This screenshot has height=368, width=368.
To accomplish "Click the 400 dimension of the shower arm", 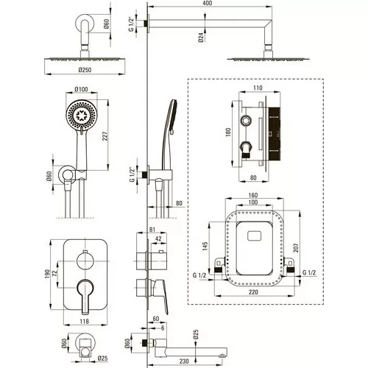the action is coord(208,3).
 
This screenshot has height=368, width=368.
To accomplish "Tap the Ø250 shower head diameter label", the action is coord(85,70).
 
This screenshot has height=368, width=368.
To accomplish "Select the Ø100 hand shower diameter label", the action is coord(82,89).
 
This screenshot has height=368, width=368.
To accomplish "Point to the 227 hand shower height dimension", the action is coord(105,136).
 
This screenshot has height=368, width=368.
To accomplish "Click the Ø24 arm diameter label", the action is coord(201,37).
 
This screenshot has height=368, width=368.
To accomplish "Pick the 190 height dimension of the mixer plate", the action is coord(47,274).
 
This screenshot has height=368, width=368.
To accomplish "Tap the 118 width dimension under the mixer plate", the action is coord(84,321).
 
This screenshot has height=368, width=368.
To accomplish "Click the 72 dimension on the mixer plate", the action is coord(54,274).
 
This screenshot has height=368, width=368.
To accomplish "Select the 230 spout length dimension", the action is coord(184,361).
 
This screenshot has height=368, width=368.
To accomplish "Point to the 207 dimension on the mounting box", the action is coord(296,248).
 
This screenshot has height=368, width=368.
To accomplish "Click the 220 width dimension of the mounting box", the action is coord(253,292).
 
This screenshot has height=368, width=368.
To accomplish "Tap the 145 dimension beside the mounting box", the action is coord(205,246).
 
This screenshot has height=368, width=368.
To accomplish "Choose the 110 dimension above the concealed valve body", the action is coord(258,88).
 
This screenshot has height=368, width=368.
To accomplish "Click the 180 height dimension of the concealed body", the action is coord(228,132).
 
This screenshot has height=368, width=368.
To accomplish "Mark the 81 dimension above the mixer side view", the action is coord(152,230).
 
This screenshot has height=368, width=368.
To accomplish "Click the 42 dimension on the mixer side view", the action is coord(158,238).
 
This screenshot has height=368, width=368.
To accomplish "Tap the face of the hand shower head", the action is coord(82,115).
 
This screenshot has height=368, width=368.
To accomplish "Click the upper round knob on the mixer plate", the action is coord(85,261).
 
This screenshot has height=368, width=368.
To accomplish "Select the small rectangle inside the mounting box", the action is coord(255,236).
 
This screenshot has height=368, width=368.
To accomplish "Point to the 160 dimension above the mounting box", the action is coord(253,195).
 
